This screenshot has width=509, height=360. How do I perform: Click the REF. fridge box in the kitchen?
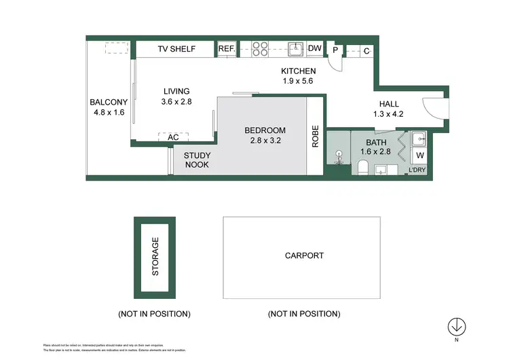point(225,49)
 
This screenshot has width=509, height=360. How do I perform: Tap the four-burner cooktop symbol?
point(261,49)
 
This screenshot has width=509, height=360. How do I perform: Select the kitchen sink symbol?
point(295,49)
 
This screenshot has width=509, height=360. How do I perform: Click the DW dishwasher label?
point(314,49)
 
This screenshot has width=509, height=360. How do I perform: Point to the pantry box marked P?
point(335,50)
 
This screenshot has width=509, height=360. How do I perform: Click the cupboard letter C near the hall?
point(366,50)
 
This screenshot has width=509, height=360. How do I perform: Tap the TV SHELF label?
point(176,49)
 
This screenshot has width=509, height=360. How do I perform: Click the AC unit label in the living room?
point(173,137)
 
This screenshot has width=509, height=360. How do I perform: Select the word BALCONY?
point(109,103)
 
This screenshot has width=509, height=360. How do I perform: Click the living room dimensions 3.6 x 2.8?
point(176,102)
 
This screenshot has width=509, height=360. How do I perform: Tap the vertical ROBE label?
point(316,137)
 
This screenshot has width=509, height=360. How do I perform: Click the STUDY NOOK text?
point(196,160)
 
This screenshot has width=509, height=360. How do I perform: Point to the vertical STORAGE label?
point(155,256)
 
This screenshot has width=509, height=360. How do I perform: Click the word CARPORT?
point(304,256)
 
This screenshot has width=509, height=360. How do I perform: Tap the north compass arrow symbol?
point(457,327)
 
